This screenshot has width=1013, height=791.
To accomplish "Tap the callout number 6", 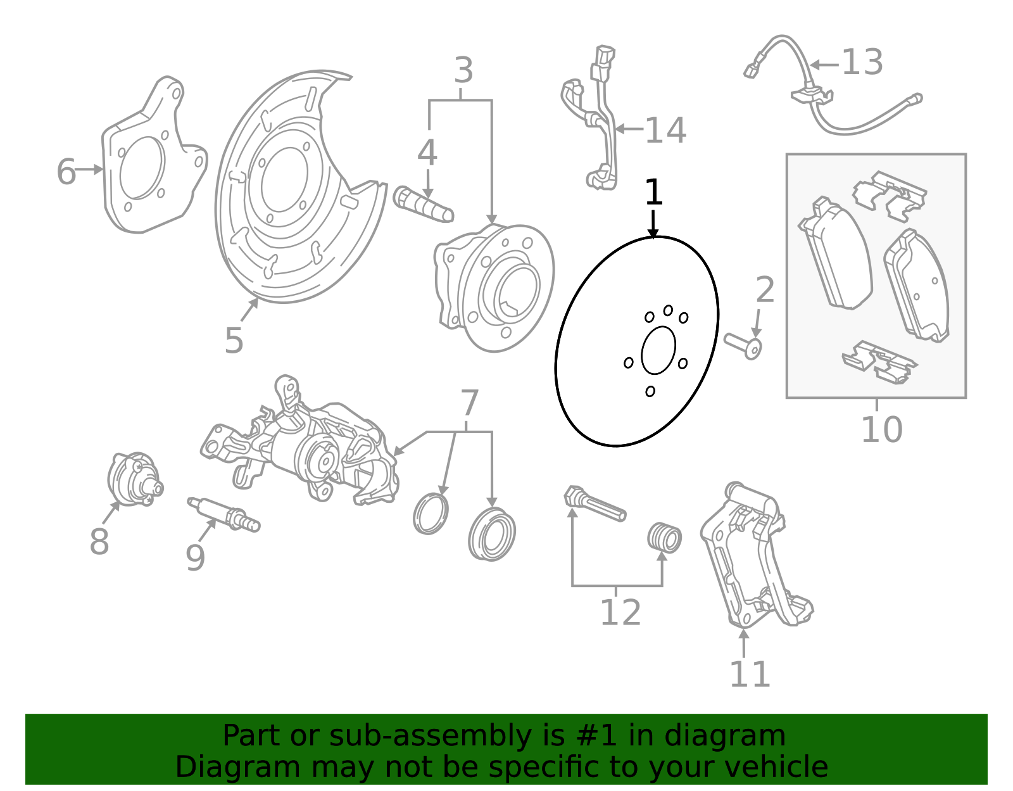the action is click(66, 172).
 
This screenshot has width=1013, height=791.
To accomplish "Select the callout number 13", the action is click(862, 62).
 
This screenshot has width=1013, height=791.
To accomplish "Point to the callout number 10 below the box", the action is click(881, 429).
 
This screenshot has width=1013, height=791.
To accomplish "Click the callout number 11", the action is click(750, 674).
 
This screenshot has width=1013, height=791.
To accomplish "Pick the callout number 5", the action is click(234, 340).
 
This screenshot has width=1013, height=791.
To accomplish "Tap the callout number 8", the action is click(99, 541).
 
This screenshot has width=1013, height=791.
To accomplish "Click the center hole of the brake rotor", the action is click(658, 350).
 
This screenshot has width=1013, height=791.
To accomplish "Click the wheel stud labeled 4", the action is click(423, 205).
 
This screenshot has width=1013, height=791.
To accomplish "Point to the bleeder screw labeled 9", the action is click(223, 515).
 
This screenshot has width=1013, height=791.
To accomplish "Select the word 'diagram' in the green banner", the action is click(725, 735).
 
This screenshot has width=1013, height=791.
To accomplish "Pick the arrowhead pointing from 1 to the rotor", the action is click(653, 232).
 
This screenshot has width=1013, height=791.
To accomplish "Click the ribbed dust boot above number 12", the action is click(665, 538).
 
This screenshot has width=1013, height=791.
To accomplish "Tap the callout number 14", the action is click(665, 130).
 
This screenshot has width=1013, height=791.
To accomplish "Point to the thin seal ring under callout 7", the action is click(431, 514).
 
